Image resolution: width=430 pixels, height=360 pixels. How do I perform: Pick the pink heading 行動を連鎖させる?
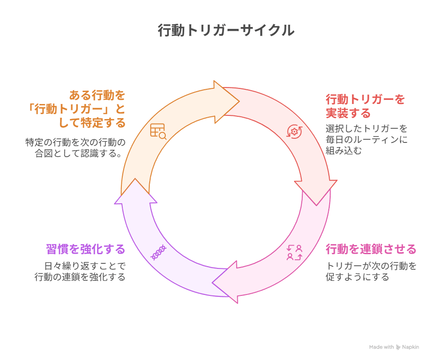click(370, 249)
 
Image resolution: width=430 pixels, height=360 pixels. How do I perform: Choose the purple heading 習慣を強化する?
click(86, 249)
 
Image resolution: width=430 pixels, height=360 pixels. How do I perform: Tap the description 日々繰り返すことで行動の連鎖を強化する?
click(80, 271)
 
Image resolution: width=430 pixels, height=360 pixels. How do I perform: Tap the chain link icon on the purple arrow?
click(158, 252)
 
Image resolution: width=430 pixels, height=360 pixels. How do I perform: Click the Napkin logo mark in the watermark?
click(398, 347)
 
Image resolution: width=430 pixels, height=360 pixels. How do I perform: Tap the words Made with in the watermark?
click(381, 347)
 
